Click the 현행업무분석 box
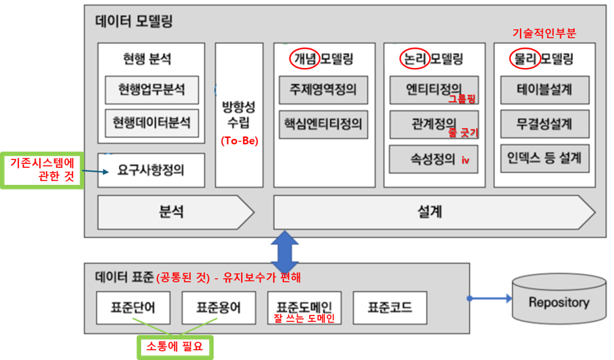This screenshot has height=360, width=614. click(152, 90)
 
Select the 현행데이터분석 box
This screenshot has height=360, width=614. click(152, 123)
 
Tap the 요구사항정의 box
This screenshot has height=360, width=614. click(151, 171)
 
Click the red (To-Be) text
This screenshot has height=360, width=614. click(240, 140)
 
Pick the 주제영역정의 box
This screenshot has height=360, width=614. click(323, 90)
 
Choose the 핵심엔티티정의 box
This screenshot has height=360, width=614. click(323, 124)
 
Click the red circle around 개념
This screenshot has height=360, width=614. click(304, 59)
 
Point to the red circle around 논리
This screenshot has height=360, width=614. click(415, 59)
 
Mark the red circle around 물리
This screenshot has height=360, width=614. click(525, 59)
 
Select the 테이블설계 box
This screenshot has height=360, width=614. click(545, 90)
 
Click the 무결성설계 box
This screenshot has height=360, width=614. click(545, 124)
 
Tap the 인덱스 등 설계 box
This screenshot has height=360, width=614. click(545, 158)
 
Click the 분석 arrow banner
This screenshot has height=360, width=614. click(176, 212)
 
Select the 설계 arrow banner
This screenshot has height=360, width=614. click(434, 212)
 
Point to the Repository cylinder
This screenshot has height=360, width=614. click(559, 299)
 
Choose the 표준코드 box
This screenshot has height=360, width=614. click(390, 308)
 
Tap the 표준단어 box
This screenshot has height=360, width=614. click(133, 308)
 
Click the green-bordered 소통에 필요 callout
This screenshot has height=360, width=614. click(175, 347)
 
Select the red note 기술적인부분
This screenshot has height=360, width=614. click(544, 33)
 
